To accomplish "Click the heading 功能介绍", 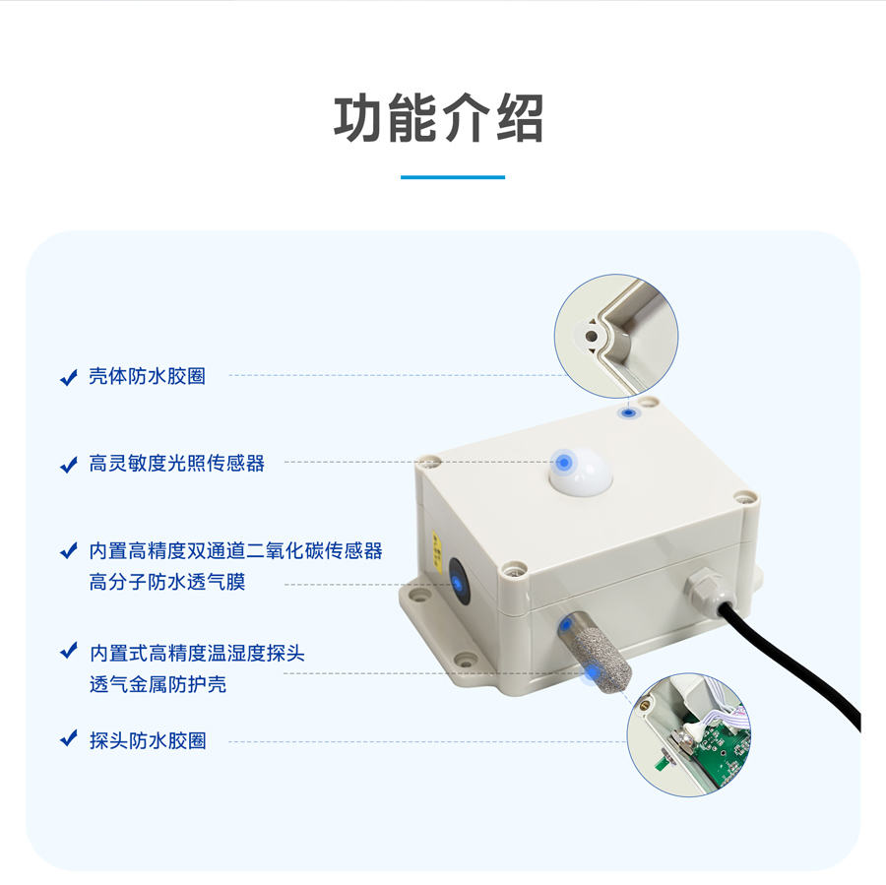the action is (438, 119).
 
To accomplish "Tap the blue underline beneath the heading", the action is (453, 177).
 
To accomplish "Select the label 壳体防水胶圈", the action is (147, 376).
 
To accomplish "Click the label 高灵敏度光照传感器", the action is (177, 463).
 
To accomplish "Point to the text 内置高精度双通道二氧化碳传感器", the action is (235, 550).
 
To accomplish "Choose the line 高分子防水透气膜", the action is (167, 582).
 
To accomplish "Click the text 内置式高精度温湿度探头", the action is (197, 653).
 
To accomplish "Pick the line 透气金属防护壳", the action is (158, 684).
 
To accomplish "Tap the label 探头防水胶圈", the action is (148, 740).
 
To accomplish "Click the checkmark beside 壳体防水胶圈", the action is (68, 377).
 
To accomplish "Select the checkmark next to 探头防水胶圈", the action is (68, 738).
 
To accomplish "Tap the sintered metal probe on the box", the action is (598, 655).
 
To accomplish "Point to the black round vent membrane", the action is (458, 582).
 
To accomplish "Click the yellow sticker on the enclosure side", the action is (437, 547).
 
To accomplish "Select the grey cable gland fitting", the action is (705, 591).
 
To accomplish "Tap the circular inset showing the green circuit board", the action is (689, 734).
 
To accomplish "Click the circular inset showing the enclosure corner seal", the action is (616, 337).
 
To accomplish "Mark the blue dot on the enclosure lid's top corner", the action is (628, 413).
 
